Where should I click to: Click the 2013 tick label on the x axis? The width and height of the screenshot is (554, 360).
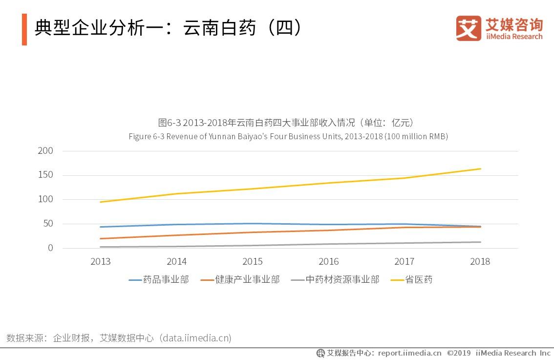(100, 262)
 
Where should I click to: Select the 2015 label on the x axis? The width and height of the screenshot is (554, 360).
(252, 262)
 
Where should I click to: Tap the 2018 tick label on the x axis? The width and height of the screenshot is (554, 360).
(480, 262)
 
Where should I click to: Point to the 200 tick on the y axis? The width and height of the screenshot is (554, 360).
(45, 151)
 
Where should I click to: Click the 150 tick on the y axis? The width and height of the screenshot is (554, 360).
(45, 175)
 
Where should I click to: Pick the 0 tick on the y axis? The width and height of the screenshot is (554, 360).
(50, 248)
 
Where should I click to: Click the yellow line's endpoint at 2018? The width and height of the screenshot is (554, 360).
(481, 169)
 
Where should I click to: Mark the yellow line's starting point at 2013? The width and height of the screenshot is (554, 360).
(100, 202)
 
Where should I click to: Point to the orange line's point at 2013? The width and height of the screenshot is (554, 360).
(100, 238)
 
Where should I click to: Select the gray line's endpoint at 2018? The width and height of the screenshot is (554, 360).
(481, 242)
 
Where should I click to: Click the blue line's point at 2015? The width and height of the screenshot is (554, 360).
(252, 224)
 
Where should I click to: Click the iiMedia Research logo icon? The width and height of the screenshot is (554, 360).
(469, 28)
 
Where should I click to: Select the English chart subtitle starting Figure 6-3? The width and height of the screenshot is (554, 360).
(288, 137)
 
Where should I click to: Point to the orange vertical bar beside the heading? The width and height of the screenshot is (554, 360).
(24, 29)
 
